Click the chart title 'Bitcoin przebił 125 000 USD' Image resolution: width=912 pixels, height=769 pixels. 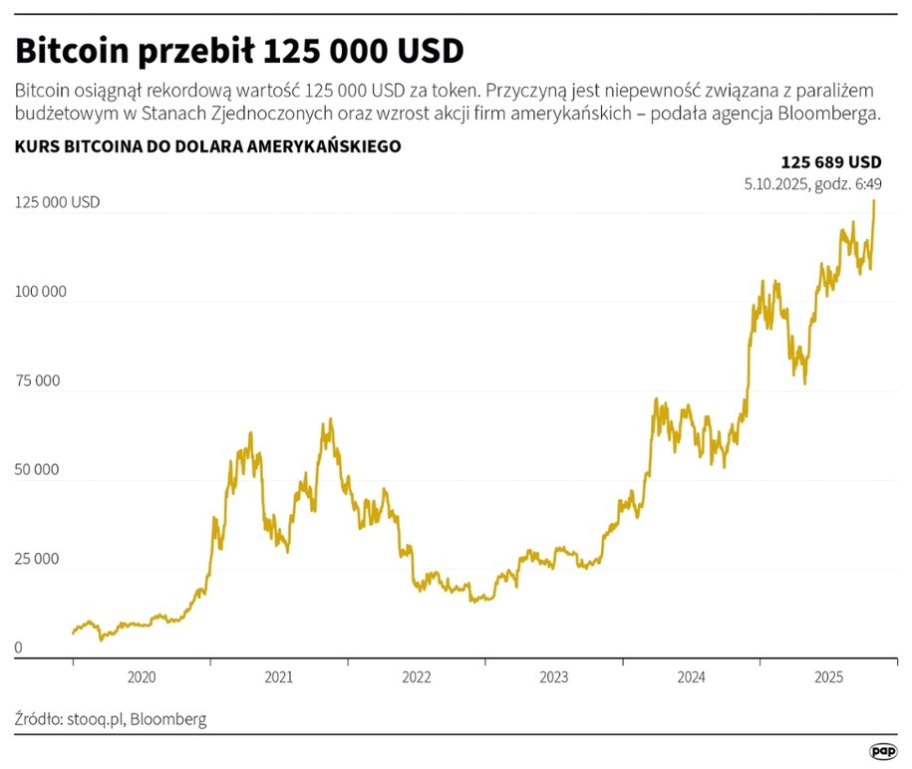(x=239, y=50)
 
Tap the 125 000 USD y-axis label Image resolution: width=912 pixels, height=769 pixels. (x=58, y=202)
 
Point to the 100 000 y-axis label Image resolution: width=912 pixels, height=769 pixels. (x=41, y=292)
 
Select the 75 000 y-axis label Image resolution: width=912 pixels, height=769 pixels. (x=38, y=381)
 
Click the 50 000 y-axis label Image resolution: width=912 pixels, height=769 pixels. (x=38, y=470)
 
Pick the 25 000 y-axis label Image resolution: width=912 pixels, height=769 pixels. (x=38, y=560)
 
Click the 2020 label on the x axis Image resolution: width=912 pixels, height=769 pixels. (x=142, y=677)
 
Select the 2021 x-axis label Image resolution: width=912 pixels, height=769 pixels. (x=279, y=677)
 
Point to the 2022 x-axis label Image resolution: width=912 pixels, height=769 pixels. (x=417, y=677)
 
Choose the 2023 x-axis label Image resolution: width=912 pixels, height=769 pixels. (x=554, y=677)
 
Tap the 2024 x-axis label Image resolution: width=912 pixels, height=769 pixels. (x=692, y=677)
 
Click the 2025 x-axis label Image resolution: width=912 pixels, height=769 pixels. (x=829, y=677)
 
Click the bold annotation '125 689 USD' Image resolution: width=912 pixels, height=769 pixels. (x=830, y=162)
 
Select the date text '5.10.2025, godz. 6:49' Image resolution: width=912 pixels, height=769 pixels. (x=812, y=183)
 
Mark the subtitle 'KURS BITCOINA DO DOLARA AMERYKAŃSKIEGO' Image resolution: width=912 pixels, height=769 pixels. (x=207, y=146)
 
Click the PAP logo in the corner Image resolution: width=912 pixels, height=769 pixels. (x=882, y=750)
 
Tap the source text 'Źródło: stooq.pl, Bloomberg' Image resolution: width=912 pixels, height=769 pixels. (x=111, y=718)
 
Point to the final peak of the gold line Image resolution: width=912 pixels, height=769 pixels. (x=874, y=201)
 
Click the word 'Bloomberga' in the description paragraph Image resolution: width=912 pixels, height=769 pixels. (x=830, y=114)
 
